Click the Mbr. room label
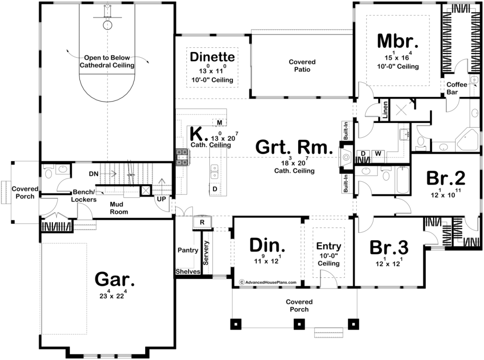398,41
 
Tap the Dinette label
212,57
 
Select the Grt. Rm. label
294,147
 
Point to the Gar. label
114,280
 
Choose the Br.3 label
389,247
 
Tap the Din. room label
268,246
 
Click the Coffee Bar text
457,88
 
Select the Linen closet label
385,110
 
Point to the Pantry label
188,250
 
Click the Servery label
206,253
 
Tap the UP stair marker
162,199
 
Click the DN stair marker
94,174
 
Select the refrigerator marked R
202,222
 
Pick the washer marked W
378,153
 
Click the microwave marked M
219,123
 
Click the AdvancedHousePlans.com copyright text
268,282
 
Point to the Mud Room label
119,208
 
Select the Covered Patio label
302,65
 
